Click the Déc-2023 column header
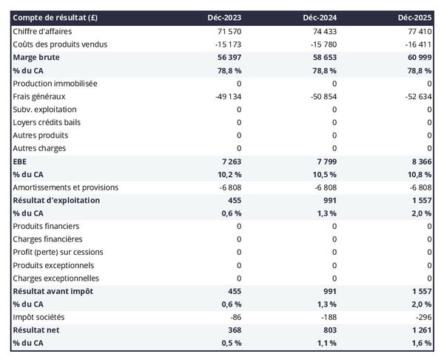pos(225,18)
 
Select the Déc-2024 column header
pos(320,18)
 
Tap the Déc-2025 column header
pos(416,18)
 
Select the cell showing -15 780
pos(322,44)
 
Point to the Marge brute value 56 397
pos(228,57)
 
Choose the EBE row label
pos(20,161)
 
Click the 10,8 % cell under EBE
pos(418,174)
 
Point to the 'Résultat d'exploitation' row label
pos(56,200)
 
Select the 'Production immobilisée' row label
pos(55,84)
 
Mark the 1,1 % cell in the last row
pos(325,343)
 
